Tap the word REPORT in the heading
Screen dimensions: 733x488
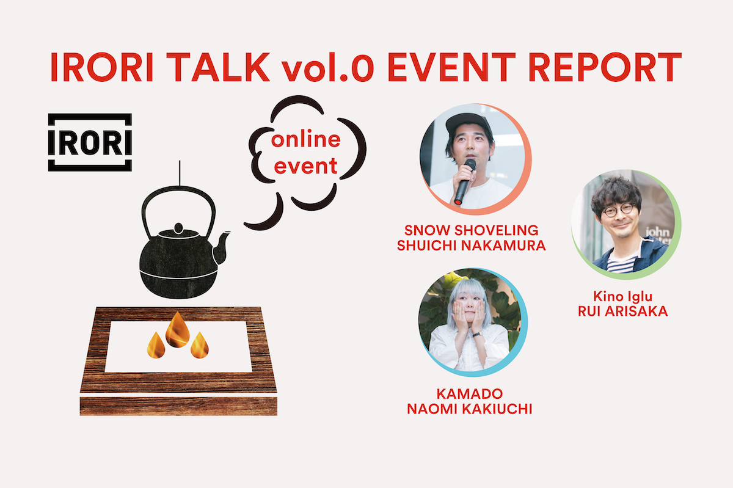click(x=605, y=67)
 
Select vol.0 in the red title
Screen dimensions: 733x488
click(x=327, y=68)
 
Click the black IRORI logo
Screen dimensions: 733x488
click(x=90, y=142)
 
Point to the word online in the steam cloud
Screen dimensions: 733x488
click(x=306, y=140)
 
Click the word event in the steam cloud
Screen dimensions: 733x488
click(x=305, y=166)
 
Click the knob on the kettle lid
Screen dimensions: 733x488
click(x=178, y=228)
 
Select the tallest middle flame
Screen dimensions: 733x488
click(x=177, y=329)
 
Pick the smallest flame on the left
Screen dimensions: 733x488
click(x=156, y=345)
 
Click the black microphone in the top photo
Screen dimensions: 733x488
click(x=465, y=181)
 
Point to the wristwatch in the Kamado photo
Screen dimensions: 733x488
click(x=477, y=335)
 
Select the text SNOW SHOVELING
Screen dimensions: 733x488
click(x=471, y=230)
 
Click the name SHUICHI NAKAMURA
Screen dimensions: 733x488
click(x=471, y=246)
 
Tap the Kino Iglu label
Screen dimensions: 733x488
click(x=622, y=297)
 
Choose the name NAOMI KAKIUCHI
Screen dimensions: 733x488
click(x=470, y=409)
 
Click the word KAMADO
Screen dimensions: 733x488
click(x=470, y=394)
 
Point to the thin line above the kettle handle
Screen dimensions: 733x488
click(x=180, y=173)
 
